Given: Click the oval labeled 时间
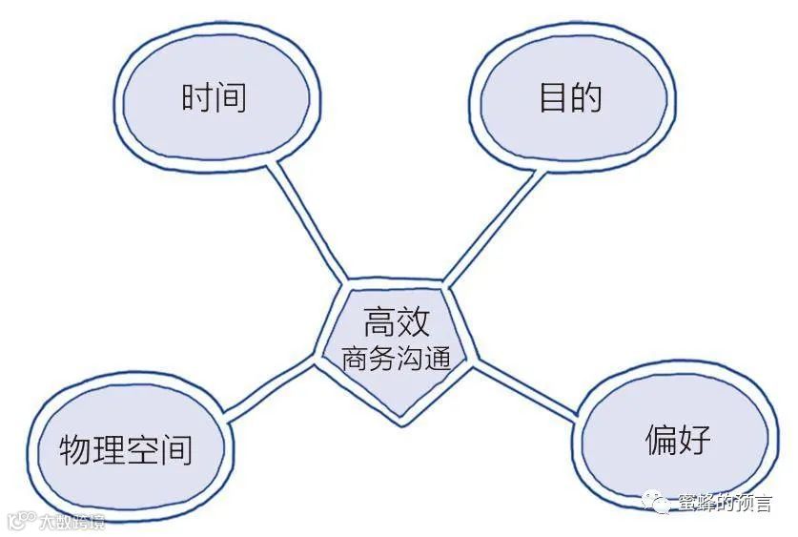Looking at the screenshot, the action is click(214, 97).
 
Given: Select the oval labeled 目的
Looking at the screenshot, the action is click(571, 97).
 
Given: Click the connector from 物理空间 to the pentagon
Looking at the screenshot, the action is click(272, 388).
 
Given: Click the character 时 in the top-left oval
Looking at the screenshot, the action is click(196, 97).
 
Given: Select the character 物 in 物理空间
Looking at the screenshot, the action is click(75, 447).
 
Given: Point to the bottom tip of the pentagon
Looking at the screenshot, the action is click(401, 423).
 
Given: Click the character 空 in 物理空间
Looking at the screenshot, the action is click(142, 447).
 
